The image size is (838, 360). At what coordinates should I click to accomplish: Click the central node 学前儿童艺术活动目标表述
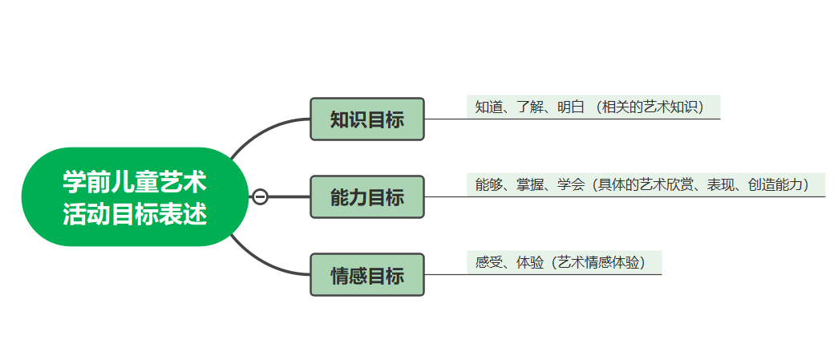coord(134,196)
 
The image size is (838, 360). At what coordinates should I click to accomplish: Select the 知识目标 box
coord(366,119)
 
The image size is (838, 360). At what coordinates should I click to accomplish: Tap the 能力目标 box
coord(366,197)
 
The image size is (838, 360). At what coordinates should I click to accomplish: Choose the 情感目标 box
coord(366,275)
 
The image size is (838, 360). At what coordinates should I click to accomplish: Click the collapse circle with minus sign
coord(260,197)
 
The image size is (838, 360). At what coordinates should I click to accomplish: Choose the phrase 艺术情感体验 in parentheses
coord(598,263)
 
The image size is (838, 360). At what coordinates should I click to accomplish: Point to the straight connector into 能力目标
coord(289,197)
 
